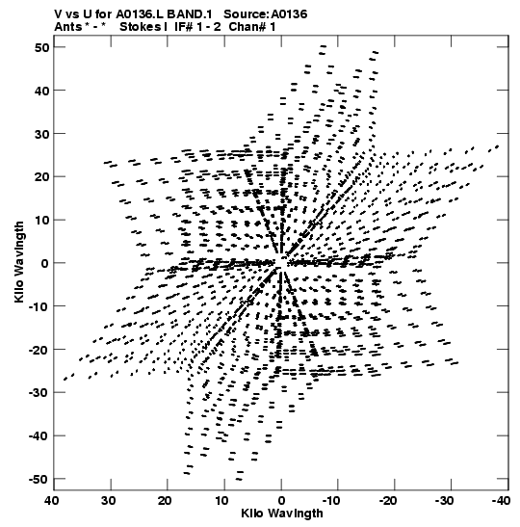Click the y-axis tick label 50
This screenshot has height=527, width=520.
point(42,47)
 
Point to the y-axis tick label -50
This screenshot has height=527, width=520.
point(39,479)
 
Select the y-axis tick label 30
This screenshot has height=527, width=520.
point(42,134)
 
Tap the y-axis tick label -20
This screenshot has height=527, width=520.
point(39,350)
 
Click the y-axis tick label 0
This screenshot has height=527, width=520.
point(45,263)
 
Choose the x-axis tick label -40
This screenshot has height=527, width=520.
point(500,501)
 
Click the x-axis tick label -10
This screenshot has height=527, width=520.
point(330,501)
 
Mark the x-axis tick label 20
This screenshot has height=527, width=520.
point(165,501)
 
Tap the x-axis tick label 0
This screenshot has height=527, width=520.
point(281,501)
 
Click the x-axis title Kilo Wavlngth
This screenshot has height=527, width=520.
point(282,514)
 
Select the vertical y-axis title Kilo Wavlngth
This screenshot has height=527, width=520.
point(19,262)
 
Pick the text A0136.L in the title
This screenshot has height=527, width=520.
point(140,14)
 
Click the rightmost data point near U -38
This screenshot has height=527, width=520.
point(498,146)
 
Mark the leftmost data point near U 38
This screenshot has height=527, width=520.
point(65,380)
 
